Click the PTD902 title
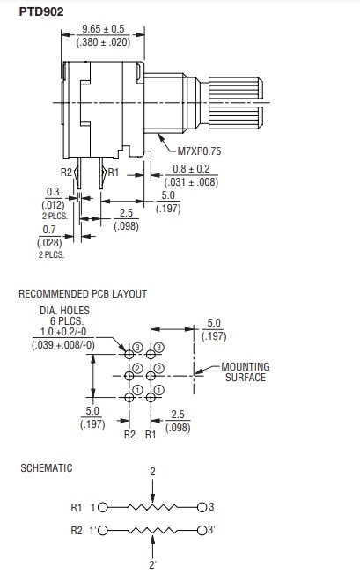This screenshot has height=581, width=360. pyautogui.click(x=41, y=11)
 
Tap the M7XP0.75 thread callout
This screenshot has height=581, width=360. pyautogui.click(x=199, y=151)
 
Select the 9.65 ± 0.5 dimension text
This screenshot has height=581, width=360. pyautogui.click(x=103, y=29)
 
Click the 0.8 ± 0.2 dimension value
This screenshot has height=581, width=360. pyautogui.click(x=191, y=169)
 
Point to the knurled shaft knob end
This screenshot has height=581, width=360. pyautogui.click(x=236, y=103)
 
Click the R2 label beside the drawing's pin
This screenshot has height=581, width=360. pyautogui.click(x=66, y=173)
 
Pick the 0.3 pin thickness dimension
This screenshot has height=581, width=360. pyautogui.click(x=53, y=192)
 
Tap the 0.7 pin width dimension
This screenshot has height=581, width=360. pyautogui.click(x=49, y=230)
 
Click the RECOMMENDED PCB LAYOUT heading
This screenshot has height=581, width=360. pyautogui.click(x=83, y=294)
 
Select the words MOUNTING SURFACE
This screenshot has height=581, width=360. pyautogui.click(x=246, y=372)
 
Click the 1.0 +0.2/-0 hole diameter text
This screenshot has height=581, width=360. pyautogui.click(x=63, y=332)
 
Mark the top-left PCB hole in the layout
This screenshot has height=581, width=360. pyautogui.click(x=129, y=355)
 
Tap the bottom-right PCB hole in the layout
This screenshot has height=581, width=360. pyautogui.click(x=151, y=398)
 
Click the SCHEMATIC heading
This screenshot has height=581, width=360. pyautogui.click(x=47, y=468)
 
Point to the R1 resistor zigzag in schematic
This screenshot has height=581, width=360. pyautogui.click(x=152, y=507)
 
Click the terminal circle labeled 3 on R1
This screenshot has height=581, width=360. pyautogui.click(x=202, y=507)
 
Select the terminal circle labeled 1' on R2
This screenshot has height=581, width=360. pyautogui.click(x=103, y=531)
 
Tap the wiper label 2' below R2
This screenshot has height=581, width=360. pyautogui.click(x=152, y=565)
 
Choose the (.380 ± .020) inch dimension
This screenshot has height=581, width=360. pyautogui.click(x=103, y=42)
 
